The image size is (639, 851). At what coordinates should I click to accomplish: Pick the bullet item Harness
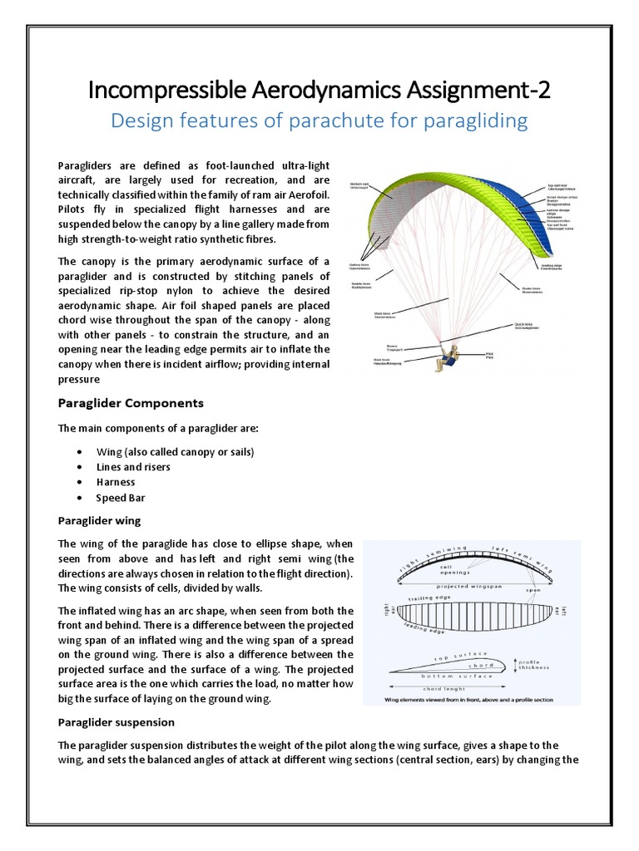[115, 482]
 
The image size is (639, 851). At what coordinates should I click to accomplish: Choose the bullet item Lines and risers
[133, 467]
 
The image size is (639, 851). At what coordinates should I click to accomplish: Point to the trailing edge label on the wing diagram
[430, 598]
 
